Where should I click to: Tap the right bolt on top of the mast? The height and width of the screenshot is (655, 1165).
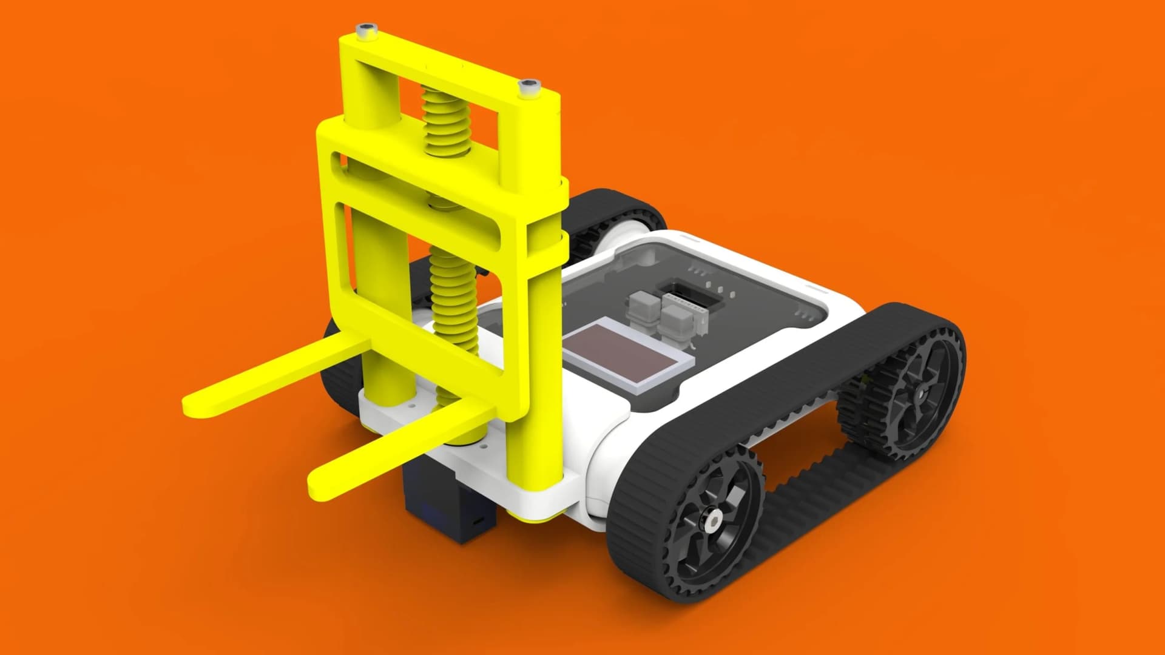(529, 86)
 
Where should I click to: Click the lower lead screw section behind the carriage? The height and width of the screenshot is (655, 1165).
(455, 297)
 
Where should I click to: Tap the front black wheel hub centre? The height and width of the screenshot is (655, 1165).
(714, 519)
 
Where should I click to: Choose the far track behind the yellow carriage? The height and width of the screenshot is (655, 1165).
(613, 209)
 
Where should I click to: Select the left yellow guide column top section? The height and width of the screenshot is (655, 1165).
(368, 91)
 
